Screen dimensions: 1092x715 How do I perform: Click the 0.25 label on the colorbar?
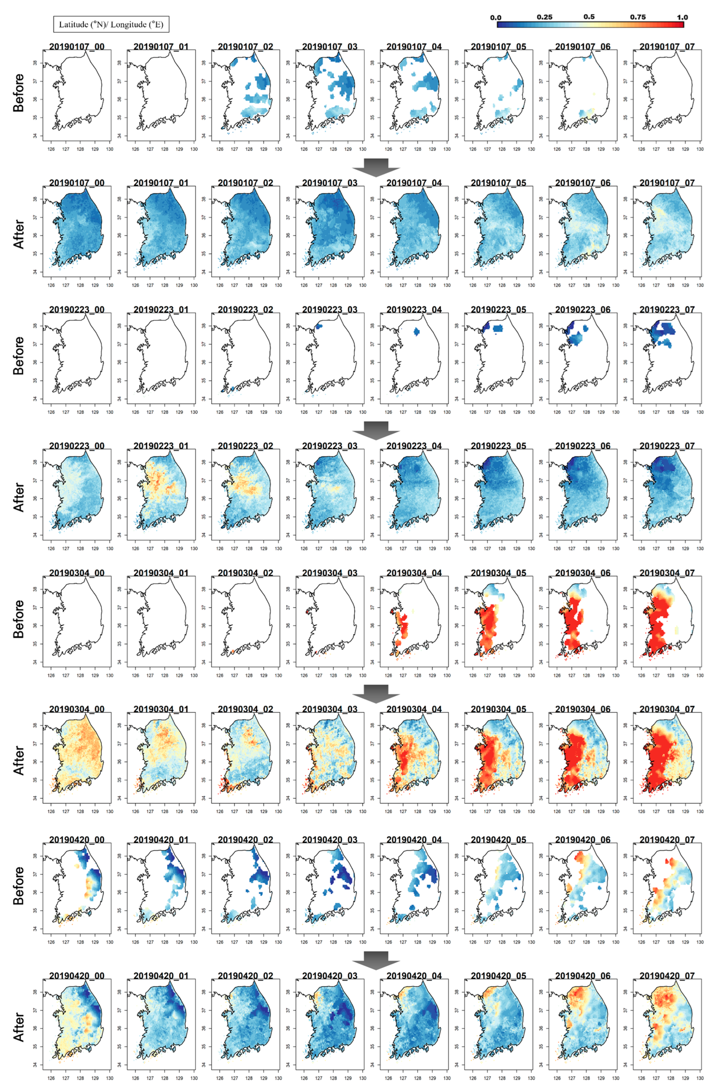[x=544, y=17]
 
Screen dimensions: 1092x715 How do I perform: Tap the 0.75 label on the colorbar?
[x=637, y=17]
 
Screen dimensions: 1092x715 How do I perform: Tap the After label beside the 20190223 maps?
[x=19, y=496]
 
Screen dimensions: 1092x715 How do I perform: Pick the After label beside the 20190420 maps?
[x=19, y=1026]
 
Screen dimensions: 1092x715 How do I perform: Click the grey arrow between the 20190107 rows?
[x=375, y=167]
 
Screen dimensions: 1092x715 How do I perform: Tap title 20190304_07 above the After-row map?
[x=667, y=709]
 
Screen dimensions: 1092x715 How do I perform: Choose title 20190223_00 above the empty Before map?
[x=77, y=310]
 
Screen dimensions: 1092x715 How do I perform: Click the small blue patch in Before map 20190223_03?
[x=319, y=326]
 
